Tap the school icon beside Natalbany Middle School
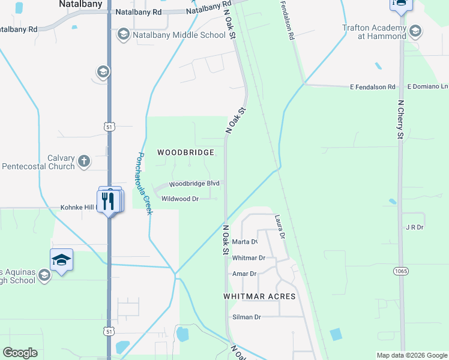click(x=124, y=34)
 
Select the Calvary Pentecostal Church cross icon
click(x=83, y=161)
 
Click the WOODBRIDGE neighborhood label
click(x=185, y=152)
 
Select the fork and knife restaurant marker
click(x=107, y=200)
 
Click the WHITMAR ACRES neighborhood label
click(x=259, y=296)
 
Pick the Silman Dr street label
click(x=247, y=317)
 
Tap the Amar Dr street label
click(x=244, y=274)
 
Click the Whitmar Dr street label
click(x=249, y=258)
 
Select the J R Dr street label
click(x=415, y=228)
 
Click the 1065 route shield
click(x=402, y=272)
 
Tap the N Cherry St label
click(x=401, y=120)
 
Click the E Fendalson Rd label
click(x=372, y=87)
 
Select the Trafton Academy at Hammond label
click(x=374, y=31)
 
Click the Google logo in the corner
click(x=20, y=353)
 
